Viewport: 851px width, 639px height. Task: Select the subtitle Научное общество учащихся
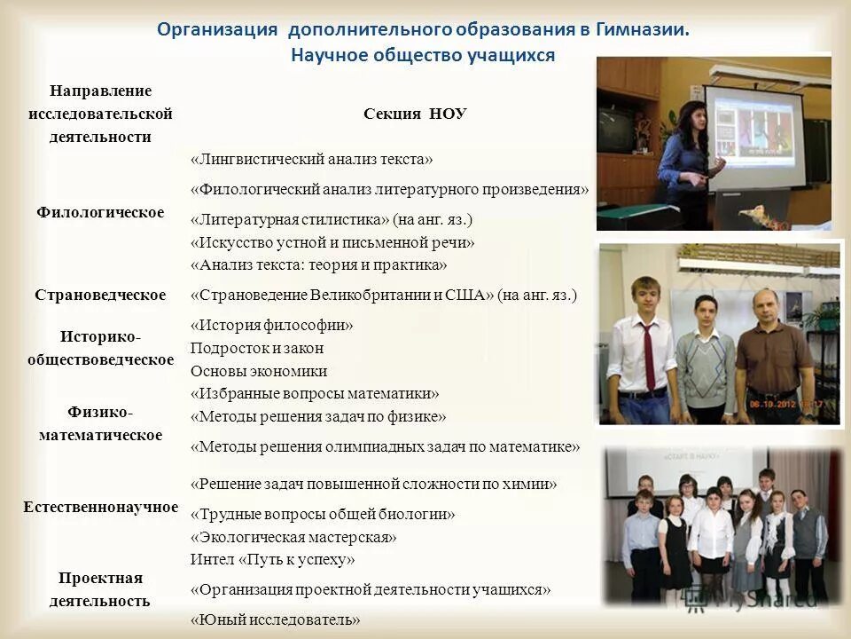423,55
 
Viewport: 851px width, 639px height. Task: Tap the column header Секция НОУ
415,114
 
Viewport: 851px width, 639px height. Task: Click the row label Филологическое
100,212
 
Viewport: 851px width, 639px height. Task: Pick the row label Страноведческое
100,295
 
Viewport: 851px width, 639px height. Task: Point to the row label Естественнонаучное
100,507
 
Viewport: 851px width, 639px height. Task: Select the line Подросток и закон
257,348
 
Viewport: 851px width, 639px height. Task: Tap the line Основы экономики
259,371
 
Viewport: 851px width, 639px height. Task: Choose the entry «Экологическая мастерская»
293,537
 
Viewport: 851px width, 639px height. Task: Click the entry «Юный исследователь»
276,619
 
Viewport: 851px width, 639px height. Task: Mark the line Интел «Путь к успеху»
272,559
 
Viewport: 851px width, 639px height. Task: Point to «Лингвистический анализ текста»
312,159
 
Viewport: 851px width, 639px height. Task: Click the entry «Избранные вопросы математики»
315,393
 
